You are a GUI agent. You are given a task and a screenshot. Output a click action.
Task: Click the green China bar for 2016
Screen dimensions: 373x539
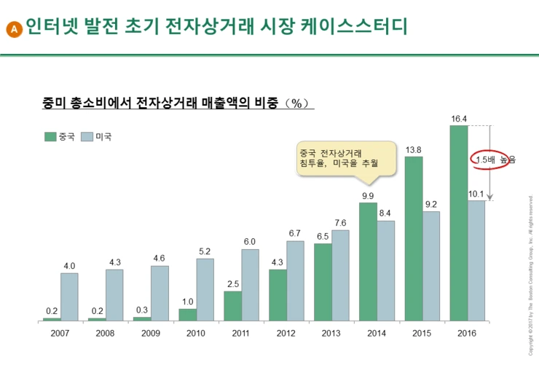click(x=459, y=223)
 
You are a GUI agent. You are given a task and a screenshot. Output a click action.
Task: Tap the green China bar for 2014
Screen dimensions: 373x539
click(x=368, y=262)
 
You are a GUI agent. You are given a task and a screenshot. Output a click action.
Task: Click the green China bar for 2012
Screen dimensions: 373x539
click(x=278, y=295)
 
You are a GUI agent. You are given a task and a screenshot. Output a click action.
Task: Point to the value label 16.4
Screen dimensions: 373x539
click(x=459, y=119)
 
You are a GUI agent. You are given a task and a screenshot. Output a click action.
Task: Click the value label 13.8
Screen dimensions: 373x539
click(x=414, y=150)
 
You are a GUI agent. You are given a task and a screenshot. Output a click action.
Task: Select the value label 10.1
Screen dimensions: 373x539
click(x=477, y=194)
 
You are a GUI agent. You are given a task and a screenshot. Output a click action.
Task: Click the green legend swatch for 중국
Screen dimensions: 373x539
click(x=50, y=136)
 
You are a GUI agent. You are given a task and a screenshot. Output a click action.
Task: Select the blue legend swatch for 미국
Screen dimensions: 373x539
click(x=87, y=136)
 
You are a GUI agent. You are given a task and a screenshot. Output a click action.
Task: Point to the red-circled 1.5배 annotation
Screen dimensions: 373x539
click(x=489, y=159)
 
